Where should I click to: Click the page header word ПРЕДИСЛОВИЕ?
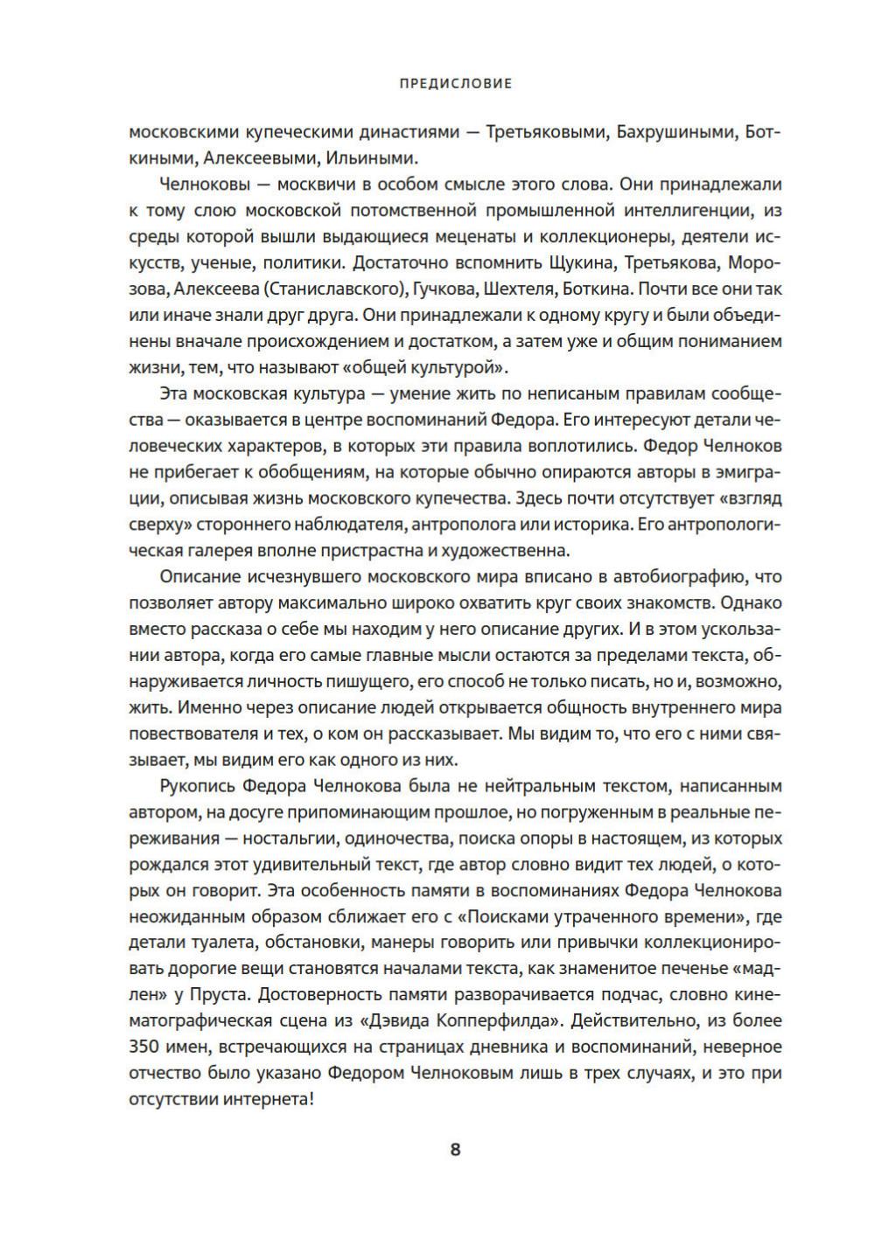(x=455, y=84)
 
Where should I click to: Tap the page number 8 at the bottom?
(x=455, y=1149)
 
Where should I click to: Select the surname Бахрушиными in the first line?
(x=675, y=133)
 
